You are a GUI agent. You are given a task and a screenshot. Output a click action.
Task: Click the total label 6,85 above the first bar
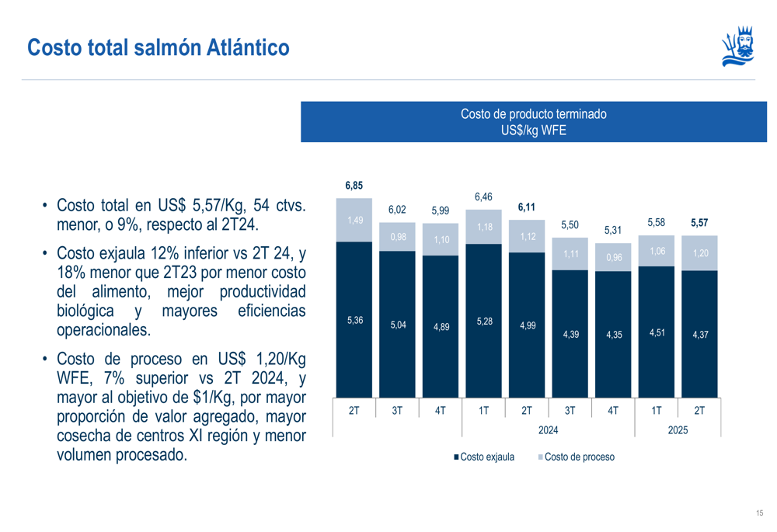click(x=354, y=186)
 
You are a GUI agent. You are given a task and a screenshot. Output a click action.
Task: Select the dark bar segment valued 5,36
click(x=354, y=319)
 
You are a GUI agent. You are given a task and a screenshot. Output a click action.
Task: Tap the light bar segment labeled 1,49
click(x=354, y=220)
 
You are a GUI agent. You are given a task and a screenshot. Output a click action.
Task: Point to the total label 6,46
click(x=483, y=197)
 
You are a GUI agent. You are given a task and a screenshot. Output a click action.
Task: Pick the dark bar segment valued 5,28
click(x=483, y=321)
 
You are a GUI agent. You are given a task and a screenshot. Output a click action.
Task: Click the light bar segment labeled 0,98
click(x=398, y=237)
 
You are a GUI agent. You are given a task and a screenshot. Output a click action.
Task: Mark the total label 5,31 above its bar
click(x=613, y=231)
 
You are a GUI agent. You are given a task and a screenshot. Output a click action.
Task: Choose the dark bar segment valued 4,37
click(x=699, y=334)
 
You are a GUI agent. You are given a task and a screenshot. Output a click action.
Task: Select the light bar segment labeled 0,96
click(x=613, y=257)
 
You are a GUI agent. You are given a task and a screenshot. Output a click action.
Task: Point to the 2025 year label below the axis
click(x=678, y=429)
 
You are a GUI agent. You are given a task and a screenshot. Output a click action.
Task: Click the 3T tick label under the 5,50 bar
click(x=570, y=409)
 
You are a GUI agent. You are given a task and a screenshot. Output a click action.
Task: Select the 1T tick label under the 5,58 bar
click(x=656, y=409)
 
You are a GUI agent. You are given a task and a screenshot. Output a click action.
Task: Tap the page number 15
click(x=759, y=513)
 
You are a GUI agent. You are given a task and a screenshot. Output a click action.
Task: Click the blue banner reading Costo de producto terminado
click(x=534, y=122)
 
